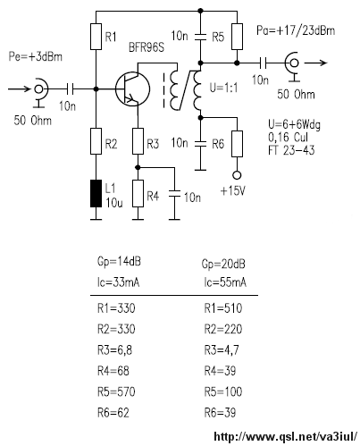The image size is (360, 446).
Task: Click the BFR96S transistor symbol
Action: click(132, 89)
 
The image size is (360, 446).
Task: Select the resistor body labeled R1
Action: click(96, 37)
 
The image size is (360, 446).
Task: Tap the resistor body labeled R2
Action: click(96, 141)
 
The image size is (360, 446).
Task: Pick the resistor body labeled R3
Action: click(138, 141)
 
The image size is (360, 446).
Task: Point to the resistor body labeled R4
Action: click(138, 194)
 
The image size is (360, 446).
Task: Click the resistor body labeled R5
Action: click(237, 37)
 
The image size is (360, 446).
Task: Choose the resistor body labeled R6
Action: click(237, 144)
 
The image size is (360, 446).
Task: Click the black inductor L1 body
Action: click(96, 194)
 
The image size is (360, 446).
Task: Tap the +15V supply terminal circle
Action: click(237, 175)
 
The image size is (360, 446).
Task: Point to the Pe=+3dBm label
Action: click(36, 56)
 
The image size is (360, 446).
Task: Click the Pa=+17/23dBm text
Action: click(296, 30)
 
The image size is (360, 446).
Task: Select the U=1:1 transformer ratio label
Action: click(224, 88)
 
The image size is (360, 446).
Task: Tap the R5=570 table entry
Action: click(116, 391)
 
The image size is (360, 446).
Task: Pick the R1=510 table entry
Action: click(223, 308)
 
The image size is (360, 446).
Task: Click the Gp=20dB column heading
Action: click(223, 265)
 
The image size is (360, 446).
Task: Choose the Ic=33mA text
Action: click(118, 282)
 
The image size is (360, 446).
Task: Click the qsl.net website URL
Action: click(285, 437)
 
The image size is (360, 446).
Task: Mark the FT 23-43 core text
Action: click(291, 150)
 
